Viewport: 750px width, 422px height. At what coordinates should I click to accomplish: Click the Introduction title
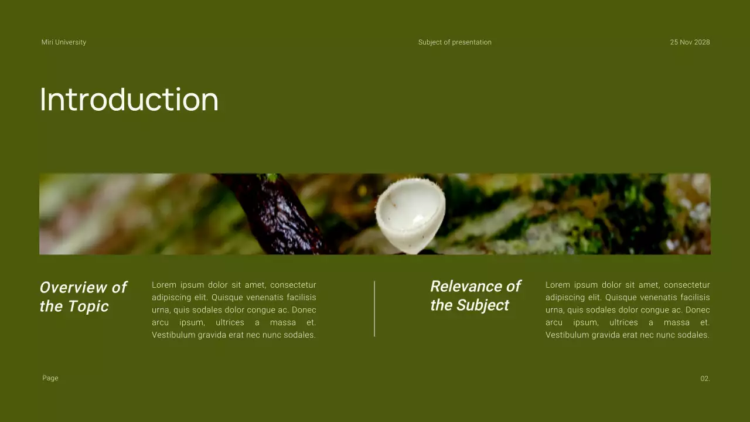pyautogui.click(x=129, y=100)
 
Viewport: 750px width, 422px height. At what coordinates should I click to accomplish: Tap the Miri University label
pyautogui.click(x=64, y=42)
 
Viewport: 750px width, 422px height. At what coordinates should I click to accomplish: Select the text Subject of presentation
pyautogui.click(x=455, y=42)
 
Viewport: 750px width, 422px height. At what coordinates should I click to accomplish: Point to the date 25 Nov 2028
pyautogui.click(x=690, y=42)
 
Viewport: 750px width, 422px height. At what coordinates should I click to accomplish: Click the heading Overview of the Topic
pyautogui.click(x=83, y=297)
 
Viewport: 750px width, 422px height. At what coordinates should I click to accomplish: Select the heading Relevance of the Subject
pyautogui.click(x=475, y=295)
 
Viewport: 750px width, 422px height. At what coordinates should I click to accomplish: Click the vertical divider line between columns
pyautogui.click(x=374, y=308)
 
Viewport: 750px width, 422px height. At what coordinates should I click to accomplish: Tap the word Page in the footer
pyautogui.click(x=50, y=378)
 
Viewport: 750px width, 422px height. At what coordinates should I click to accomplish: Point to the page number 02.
pyautogui.click(x=705, y=379)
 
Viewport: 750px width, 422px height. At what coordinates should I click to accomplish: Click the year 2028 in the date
pyautogui.click(x=701, y=42)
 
